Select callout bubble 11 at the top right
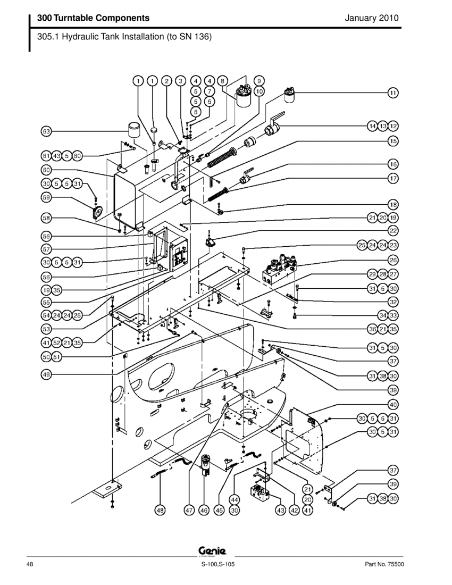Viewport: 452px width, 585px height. pos(393,93)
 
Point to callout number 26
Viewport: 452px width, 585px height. pos(393,261)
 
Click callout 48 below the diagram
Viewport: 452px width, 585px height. pos(160,511)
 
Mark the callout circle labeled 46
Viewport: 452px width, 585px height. pos(204,511)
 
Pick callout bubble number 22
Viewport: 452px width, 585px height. pos(393,231)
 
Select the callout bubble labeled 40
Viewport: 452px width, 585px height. pos(393,404)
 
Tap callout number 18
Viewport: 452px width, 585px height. pos(393,204)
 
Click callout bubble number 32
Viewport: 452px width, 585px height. pos(393,302)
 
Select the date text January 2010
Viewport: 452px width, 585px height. pos(372,18)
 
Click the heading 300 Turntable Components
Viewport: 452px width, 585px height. pos(93,18)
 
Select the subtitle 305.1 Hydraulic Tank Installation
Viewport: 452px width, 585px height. pos(124,37)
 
